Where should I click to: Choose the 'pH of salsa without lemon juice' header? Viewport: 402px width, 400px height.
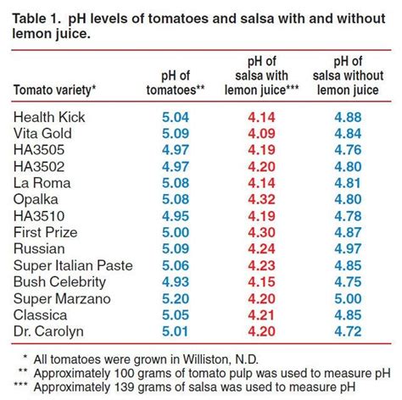[x=351, y=74]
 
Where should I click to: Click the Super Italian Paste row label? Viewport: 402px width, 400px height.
[x=74, y=265]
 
